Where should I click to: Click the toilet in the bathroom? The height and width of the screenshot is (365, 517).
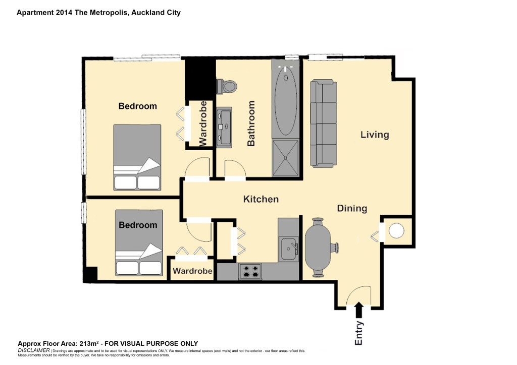point(227,87)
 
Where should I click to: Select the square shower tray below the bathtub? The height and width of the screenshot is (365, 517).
point(286,158)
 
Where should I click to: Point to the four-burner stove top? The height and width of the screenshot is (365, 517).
point(250,272)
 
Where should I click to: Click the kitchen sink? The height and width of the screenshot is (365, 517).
point(289,249)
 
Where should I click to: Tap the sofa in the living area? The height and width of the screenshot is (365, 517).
point(324,124)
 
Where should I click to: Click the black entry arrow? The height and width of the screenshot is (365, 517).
point(359,311)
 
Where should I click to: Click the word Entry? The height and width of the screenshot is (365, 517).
point(359,333)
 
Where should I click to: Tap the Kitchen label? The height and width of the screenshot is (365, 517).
point(261,199)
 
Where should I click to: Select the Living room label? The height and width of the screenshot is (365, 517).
point(375,135)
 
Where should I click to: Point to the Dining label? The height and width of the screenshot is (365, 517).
point(352,208)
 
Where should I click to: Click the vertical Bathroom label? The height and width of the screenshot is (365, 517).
point(251,124)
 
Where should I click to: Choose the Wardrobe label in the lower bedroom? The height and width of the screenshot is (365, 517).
point(192,271)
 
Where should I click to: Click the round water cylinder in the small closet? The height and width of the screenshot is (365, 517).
point(396,231)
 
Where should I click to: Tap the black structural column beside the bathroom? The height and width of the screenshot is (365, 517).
point(200,80)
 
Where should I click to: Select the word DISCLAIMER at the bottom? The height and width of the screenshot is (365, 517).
point(34,350)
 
